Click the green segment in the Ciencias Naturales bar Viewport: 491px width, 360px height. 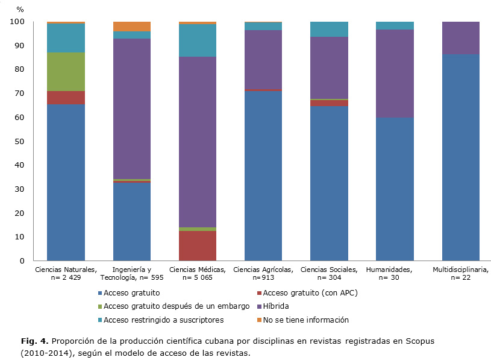click(x=66, y=72)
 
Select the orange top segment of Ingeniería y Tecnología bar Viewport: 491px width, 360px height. click(x=131, y=26)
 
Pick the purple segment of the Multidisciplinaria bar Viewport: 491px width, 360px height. click(x=460, y=38)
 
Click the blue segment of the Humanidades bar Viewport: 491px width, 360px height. click(x=395, y=189)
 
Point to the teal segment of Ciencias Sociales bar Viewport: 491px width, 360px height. click(x=329, y=30)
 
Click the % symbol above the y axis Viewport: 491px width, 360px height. click(x=20, y=9)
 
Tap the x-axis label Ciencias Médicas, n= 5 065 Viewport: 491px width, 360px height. click(x=197, y=273)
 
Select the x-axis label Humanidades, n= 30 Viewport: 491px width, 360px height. click(x=395, y=273)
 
